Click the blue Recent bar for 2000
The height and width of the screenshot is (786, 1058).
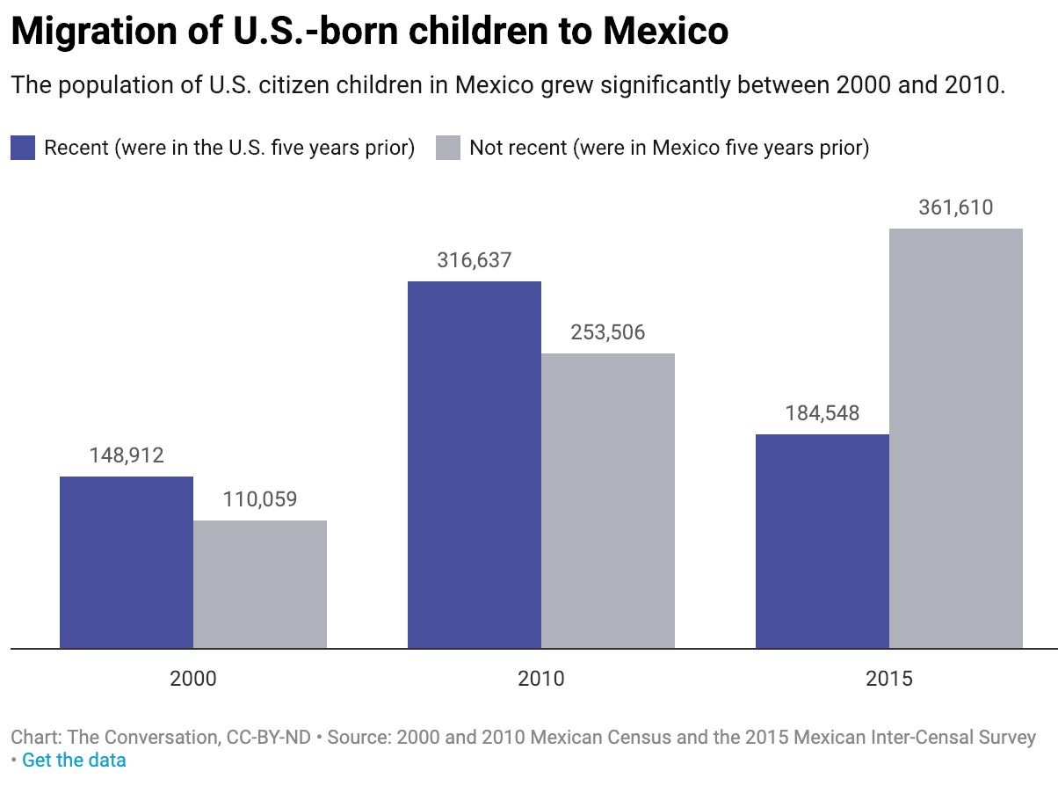pyautogui.click(x=127, y=563)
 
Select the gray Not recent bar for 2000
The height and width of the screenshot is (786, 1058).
pyautogui.click(x=260, y=585)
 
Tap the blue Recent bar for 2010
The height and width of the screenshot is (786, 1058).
pyautogui.click(x=475, y=465)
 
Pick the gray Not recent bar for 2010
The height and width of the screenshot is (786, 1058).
pyautogui.click(x=608, y=501)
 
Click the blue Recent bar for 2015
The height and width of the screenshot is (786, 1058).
pyautogui.click(x=822, y=542)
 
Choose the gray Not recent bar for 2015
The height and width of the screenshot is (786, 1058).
pyautogui.click(x=956, y=439)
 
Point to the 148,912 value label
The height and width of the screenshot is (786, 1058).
pyautogui.click(x=127, y=455)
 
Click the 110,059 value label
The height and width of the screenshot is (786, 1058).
pyautogui.click(x=260, y=499)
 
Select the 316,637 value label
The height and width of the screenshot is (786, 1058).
pyautogui.click(x=475, y=260)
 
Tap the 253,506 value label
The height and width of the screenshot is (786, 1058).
pyautogui.click(x=608, y=332)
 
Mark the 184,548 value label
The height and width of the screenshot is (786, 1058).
pyautogui.click(x=822, y=413)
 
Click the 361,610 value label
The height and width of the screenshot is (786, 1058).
pyautogui.click(x=956, y=207)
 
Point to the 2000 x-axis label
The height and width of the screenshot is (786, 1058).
pyautogui.click(x=193, y=679)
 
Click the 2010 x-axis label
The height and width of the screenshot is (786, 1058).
pyautogui.click(x=541, y=679)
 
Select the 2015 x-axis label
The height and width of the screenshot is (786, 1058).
pyautogui.click(x=889, y=679)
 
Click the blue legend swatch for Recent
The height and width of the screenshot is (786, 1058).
pyautogui.click(x=23, y=147)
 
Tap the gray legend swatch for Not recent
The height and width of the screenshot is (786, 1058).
pyautogui.click(x=448, y=147)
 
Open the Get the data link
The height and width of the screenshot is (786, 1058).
pyautogui.click(x=74, y=760)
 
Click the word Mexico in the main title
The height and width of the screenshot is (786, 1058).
pyautogui.click(x=664, y=32)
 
